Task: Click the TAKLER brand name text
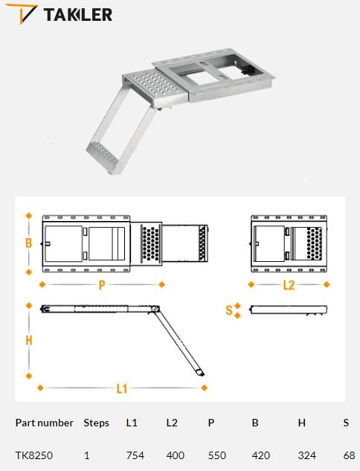tap(78, 15)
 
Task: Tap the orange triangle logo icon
tap(22, 13)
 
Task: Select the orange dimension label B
tap(28, 243)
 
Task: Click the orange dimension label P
tap(102, 285)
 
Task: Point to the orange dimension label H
tap(29, 340)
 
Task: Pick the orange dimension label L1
tap(122, 388)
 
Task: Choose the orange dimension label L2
tap(289, 285)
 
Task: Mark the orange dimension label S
tap(229, 310)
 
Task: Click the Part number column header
tap(45, 423)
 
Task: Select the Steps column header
tap(97, 423)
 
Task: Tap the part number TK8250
tap(34, 455)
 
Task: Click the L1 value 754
tap(135, 455)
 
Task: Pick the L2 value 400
tap(176, 455)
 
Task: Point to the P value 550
tap(216, 455)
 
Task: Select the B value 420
tap(261, 455)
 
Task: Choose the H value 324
tap(307, 455)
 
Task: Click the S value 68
tap(349, 455)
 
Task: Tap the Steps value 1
tap(87, 455)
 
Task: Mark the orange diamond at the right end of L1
tap(205, 388)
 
